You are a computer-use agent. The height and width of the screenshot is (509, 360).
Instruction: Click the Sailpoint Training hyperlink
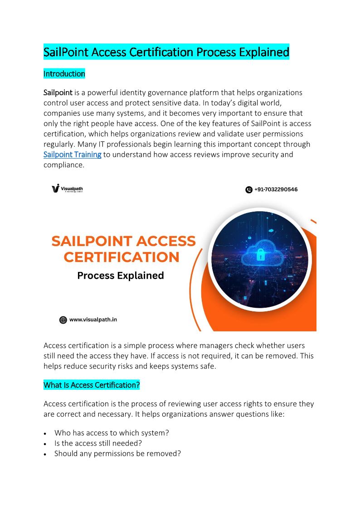(73, 155)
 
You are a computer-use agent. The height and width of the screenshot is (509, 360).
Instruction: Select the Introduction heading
(64, 73)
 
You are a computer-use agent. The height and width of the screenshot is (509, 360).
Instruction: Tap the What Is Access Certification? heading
(92, 385)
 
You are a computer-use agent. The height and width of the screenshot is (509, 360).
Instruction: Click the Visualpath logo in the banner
(67, 189)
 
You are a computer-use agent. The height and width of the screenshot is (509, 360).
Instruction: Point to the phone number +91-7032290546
(276, 189)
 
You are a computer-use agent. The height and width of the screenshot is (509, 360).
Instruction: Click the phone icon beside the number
(248, 189)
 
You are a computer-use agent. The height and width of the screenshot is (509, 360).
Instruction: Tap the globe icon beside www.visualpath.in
(63, 320)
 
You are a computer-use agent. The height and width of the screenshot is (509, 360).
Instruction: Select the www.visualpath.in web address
(93, 320)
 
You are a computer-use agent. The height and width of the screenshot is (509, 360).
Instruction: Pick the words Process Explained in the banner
(120, 275)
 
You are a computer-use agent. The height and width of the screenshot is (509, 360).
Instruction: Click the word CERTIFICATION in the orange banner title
(122, 257)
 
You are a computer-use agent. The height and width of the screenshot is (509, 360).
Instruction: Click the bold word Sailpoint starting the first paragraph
(58, 92)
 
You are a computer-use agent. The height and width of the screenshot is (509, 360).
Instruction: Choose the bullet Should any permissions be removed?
(117, 453)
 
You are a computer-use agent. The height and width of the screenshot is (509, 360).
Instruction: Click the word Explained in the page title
(265, 52)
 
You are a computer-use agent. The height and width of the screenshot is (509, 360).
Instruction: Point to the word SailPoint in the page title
(66, 52)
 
